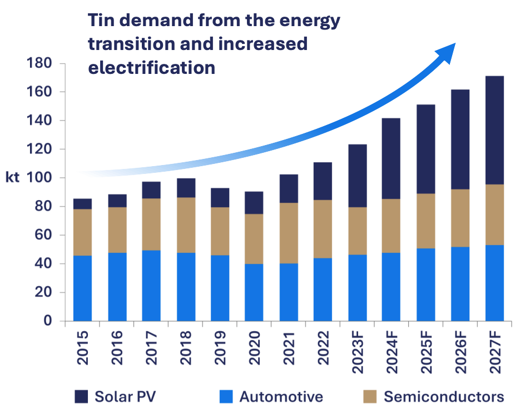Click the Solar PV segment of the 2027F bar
[x=494, y=131]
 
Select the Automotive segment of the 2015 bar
[x=82, y=288]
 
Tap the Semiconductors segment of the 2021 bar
[x=289, y=233]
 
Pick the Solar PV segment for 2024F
[x=391, y=159]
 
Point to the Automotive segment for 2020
[x=254, y=293]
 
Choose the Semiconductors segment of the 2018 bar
[x=186, y=225]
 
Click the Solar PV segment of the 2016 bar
[x=117, y=201]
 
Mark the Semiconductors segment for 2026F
[x=460, y=218]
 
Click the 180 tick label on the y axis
[x=39, y=63]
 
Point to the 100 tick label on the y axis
[x=39, y=177]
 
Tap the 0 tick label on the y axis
[x=48, y=321]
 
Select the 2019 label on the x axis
[x=220, y=348]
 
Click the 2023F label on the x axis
[x=358, y=352]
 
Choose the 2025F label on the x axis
[x=426, y=352]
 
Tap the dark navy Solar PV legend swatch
[x=81, y=397]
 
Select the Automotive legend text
[x=281, y=397]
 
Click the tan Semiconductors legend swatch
[x=370, y=397]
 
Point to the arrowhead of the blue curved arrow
[x=447, y=53]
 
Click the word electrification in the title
[x=152, y=68]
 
